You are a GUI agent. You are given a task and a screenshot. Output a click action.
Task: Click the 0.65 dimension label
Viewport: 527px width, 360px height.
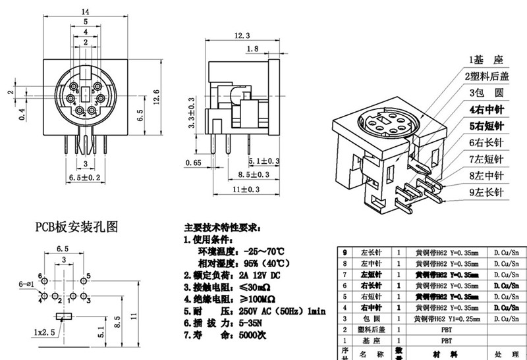point(193,162)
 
